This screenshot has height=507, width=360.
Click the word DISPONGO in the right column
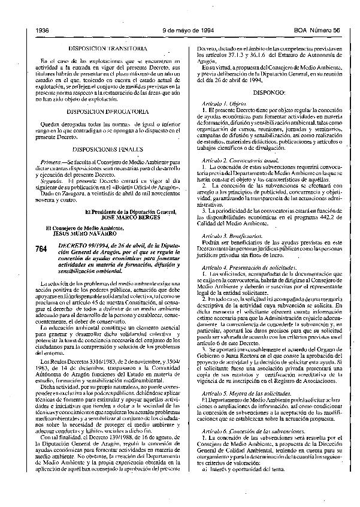coord(270,94)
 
